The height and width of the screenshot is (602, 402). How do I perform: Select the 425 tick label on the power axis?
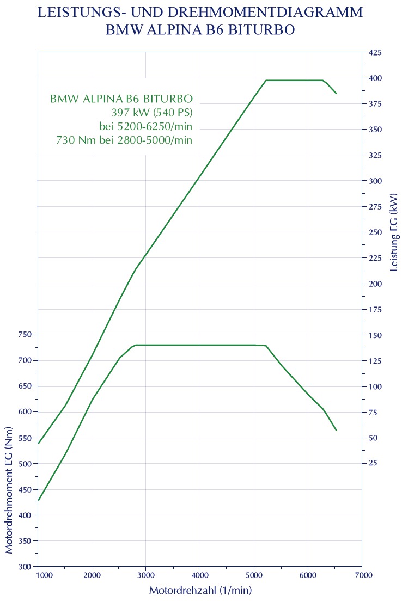point(376,53)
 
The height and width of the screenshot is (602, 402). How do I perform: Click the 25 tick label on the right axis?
point(374,463)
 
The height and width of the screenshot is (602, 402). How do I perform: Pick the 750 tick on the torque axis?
point(22,335)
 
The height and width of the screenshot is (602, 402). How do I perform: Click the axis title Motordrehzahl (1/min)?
point(200,591)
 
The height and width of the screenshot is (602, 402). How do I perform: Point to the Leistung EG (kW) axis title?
point(394,232)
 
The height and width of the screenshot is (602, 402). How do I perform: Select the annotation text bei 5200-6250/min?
point(145,127)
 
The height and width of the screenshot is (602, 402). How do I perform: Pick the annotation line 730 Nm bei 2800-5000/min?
point(124,140)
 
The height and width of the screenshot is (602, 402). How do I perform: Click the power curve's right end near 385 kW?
point(336,94)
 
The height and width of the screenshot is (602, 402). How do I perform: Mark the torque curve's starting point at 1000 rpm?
point(39,500)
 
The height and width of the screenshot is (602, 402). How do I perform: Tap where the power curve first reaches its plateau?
point(266,81)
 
